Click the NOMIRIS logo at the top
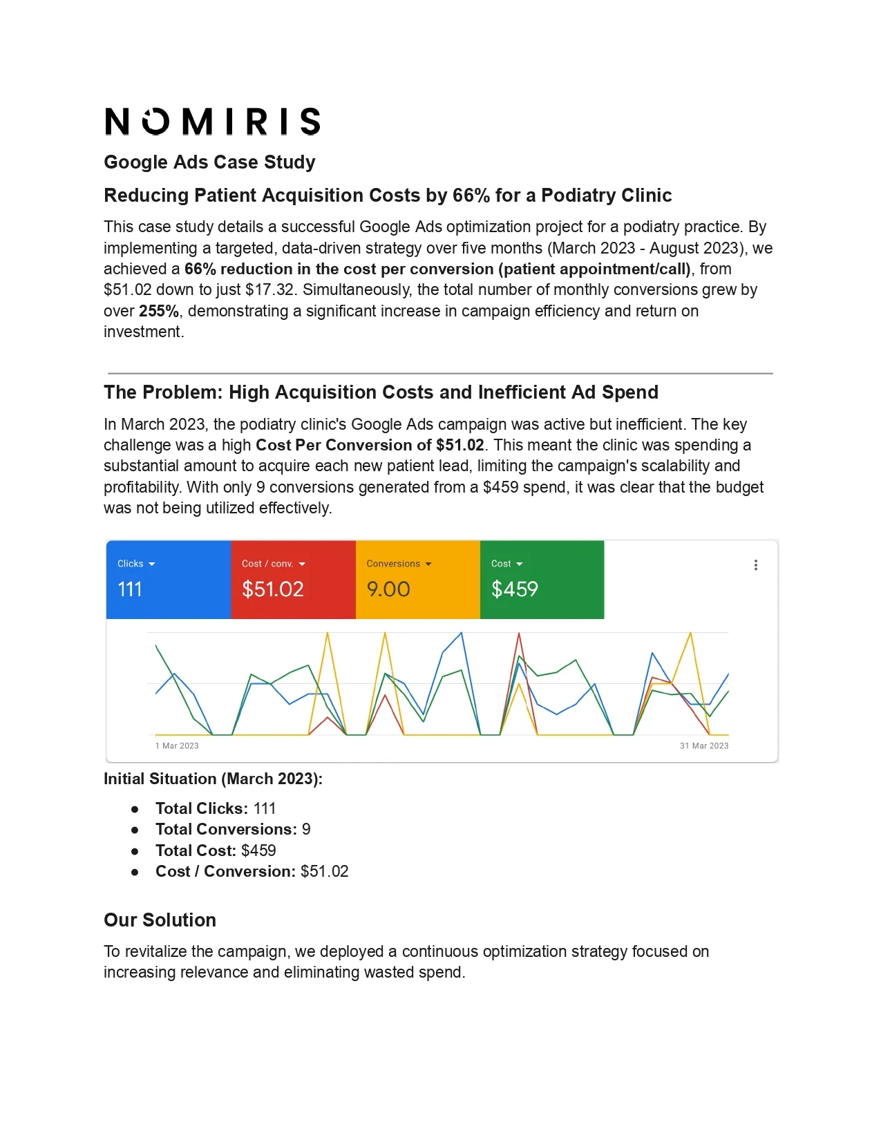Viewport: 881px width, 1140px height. coord(212,122)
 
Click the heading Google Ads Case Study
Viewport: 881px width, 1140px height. coord(209,162)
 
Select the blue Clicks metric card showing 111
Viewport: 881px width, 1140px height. coord(168,579)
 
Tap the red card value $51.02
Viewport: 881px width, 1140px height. coord(273,589)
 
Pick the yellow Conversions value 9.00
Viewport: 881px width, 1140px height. coord(388,589)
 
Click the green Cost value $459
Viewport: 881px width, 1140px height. coord(515,589)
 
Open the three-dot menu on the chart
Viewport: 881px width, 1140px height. coord(756,565)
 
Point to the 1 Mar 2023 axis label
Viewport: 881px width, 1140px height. coord(177,746)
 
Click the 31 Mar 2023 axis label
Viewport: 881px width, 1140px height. coord(704,746)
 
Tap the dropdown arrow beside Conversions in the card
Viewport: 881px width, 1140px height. coord(428,564)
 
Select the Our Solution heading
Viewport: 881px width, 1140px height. coord(160,920)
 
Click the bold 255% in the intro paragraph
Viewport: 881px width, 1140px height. coord(159,311)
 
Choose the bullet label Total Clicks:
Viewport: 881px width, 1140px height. coord(202,808)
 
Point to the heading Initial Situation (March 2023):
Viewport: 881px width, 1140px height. coord(213,779)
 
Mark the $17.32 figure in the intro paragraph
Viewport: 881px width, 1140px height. coord(270,290)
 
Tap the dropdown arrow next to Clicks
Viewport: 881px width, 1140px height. coord(152,564)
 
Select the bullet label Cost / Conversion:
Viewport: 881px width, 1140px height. coord(225,871)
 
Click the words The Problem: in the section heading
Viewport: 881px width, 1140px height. coord(164,392)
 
